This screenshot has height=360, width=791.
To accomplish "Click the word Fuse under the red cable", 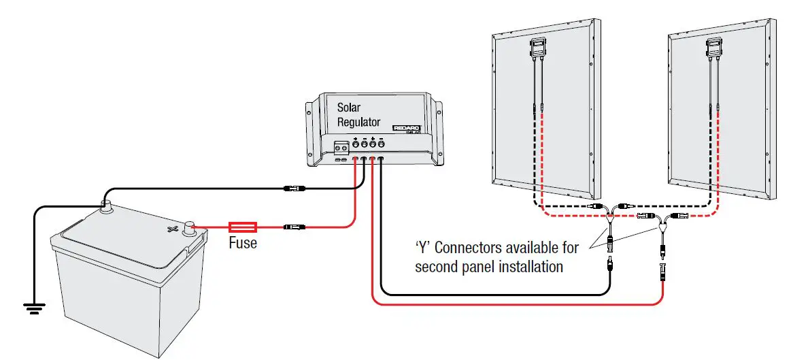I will point(243,242).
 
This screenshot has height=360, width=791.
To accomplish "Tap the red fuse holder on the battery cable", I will point(242,226).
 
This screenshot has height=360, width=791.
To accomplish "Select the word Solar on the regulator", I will point(349,108).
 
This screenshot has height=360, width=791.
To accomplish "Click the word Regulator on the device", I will point(359,122).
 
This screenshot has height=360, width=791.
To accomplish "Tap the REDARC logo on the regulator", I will point(407,128).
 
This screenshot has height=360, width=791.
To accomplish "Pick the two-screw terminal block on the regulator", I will point(341,145).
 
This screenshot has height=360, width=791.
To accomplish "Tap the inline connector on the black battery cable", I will point(298,186).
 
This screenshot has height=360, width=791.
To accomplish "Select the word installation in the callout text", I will point(524,267).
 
